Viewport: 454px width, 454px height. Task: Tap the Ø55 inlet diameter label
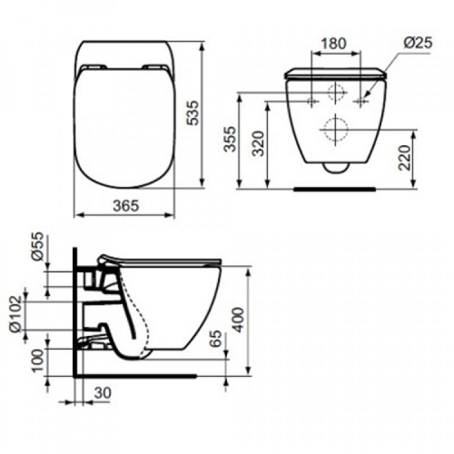point(38,247)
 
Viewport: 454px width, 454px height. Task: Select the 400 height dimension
point(239,320)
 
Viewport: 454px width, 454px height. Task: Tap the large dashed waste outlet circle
point(334,130)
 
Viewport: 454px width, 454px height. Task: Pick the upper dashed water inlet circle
point(335,93)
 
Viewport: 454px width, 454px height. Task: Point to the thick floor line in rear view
point(334,189)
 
